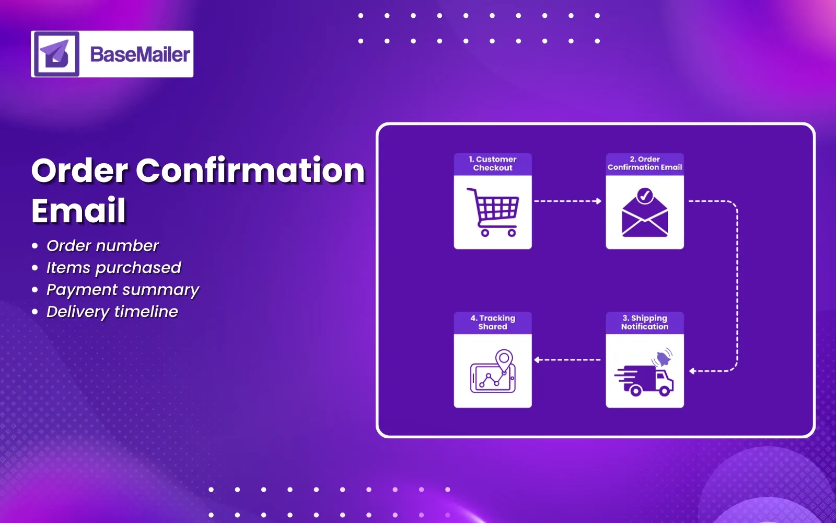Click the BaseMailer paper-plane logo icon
tap(56, 54)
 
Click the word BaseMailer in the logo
tap(140, 54)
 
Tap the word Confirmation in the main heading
tap(250, 170)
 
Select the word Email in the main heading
tap(79, 210)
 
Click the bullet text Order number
tap(102, 245)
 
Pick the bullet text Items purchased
tap(113, 267)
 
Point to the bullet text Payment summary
tap(123, 289)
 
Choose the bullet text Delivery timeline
tap(112, 311)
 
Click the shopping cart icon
tap(493, 212)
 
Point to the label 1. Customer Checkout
tap(493, 164)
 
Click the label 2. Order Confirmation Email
tap(645, 163)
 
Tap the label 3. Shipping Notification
tap(645, 322)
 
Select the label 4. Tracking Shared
tap(493, 322)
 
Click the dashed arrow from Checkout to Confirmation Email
tap(567, 201)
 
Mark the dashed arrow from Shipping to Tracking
tap(567, 360)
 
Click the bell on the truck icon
tap(663, 359)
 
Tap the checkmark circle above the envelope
tap(645, 196)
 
